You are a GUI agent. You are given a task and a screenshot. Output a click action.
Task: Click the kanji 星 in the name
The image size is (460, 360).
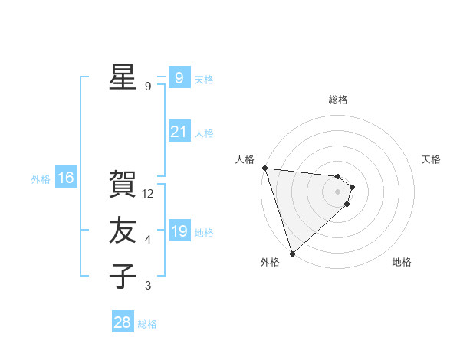123,77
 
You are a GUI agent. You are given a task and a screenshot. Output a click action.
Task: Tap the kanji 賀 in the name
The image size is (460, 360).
123,185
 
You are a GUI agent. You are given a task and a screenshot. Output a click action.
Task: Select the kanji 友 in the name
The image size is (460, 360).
123,231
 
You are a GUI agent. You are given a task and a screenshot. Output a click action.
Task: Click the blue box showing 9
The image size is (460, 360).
179,77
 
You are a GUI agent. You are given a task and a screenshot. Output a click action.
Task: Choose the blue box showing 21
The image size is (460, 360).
179,132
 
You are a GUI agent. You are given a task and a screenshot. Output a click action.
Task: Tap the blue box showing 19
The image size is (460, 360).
179,231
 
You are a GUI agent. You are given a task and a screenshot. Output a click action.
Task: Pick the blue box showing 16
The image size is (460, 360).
66,178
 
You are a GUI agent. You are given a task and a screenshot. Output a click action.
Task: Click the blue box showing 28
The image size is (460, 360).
123,322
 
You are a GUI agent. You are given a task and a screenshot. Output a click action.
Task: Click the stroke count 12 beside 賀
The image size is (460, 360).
148,194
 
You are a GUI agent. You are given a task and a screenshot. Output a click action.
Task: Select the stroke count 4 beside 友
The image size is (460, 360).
148,240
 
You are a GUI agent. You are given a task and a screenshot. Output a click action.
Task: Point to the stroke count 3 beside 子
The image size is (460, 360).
148,286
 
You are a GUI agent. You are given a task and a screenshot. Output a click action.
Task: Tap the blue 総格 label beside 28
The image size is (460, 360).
147,324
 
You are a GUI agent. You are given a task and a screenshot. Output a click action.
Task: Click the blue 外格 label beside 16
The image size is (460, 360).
41,179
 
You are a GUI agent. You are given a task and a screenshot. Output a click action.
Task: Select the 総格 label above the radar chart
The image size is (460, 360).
337,100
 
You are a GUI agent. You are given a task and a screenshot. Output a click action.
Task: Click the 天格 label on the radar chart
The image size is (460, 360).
432,159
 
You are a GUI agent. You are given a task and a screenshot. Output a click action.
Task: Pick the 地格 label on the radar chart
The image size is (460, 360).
402,262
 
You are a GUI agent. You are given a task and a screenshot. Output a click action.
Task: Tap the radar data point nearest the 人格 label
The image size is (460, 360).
264,168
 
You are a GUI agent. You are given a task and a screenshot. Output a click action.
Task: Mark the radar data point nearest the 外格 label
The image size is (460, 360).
292,253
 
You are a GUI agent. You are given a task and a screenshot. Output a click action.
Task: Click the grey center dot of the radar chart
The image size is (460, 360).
337,191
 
